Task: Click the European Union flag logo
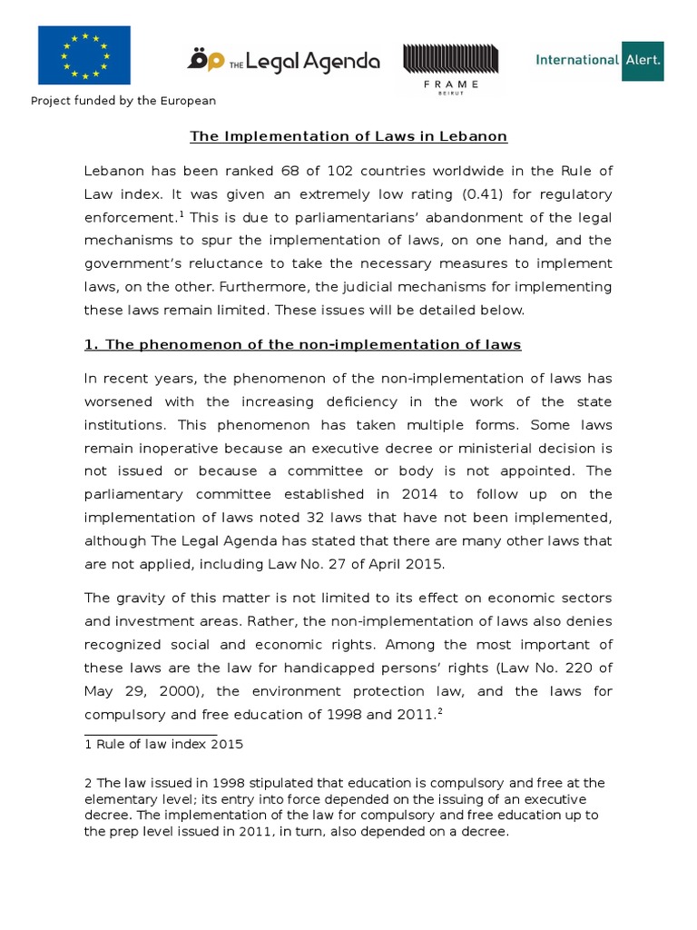pyautogui.click(x=83, y=55)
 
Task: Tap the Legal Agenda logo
pyautogui.click(x=283, y=60)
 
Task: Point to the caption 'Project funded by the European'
pyautogui.click(x=123, y=101)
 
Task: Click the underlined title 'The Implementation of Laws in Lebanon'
pyautogui.click(x=348, y=136)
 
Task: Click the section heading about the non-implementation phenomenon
pyautogui.click(x=303, y=345)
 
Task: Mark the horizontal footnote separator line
pyautogui.click(x=151, y=735)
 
